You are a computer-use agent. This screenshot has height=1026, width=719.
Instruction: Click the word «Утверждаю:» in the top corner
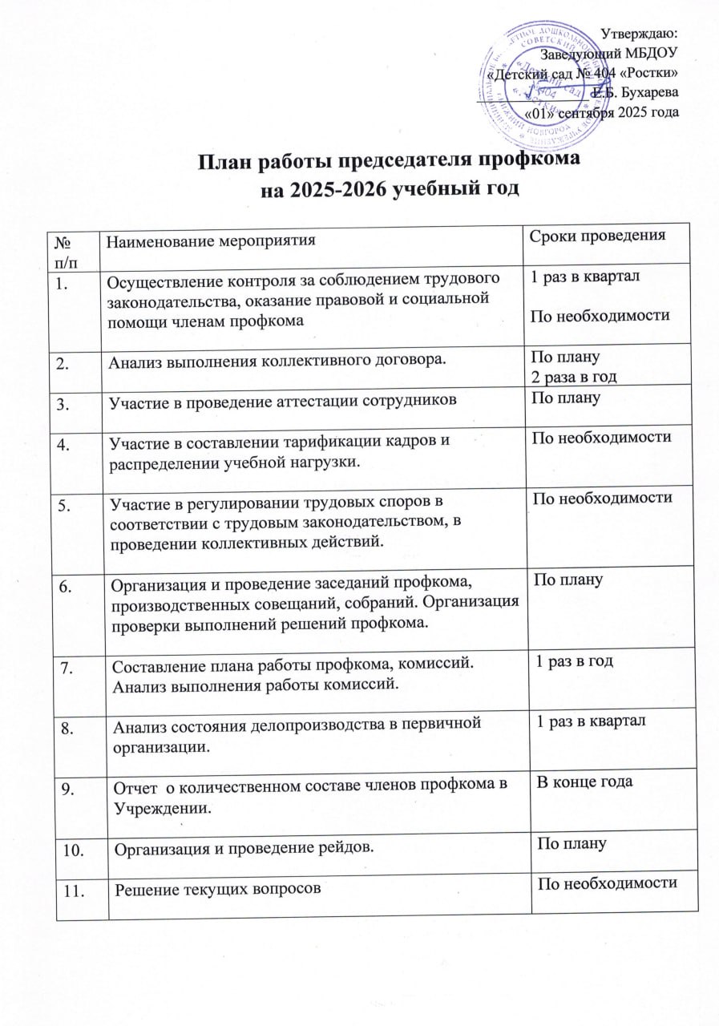click(x=640, y=34)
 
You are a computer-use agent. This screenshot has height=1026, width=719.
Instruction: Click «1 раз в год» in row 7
click(x=575, y=658)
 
